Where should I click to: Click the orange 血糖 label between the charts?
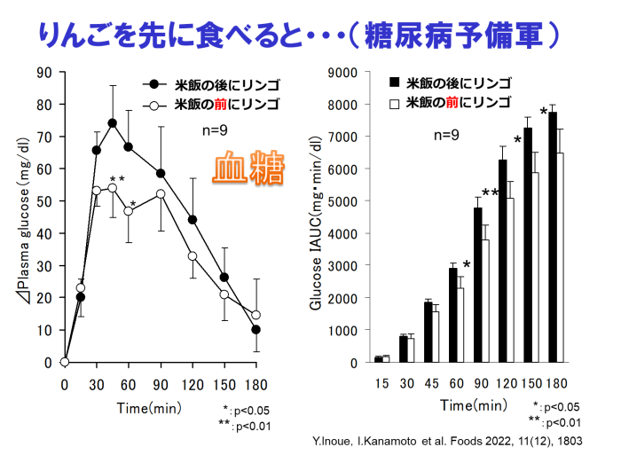248,169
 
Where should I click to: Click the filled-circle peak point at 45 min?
113,123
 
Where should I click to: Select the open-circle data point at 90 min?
161,193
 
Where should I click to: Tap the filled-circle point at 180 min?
256,330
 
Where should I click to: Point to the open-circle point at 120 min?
193,255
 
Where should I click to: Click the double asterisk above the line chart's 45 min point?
116,180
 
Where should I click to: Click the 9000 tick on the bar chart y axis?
342,73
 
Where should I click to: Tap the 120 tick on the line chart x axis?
193,384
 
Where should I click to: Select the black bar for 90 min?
477,285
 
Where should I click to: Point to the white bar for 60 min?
460,325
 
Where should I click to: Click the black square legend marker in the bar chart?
395,82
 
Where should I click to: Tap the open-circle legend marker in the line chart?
154,105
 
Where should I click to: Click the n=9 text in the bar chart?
446,136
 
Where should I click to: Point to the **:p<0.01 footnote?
248,427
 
